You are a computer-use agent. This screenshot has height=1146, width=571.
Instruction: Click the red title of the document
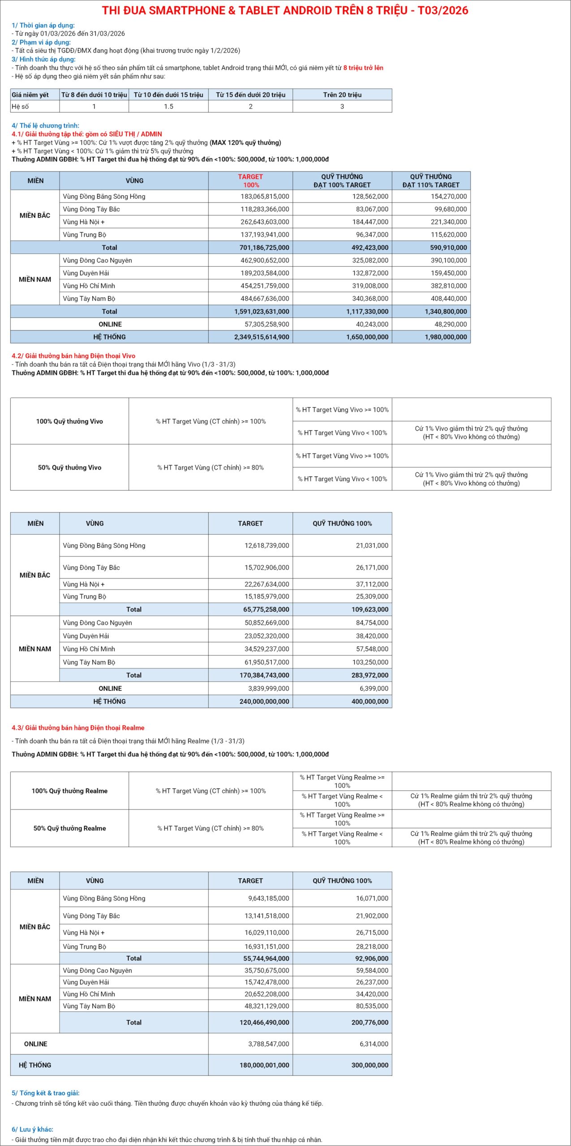coord(285,11)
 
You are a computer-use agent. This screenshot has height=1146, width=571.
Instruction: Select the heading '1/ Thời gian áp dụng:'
coord(43,26)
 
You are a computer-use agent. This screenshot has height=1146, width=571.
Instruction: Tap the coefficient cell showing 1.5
coord(168,107)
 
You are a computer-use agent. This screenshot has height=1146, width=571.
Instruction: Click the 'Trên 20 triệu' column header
coord(342,94)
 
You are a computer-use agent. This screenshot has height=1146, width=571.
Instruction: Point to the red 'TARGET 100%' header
coord(250,181)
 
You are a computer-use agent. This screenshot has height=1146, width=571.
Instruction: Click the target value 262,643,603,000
coord(265,222)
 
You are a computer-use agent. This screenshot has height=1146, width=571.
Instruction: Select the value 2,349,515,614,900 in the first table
coord(262,337)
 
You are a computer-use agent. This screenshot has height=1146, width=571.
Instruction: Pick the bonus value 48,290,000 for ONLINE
coord(448,324)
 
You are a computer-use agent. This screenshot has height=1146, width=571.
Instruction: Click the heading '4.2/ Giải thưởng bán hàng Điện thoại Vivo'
coord(73,356)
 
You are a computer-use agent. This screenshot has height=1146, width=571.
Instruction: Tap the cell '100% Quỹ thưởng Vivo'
coord(69,421)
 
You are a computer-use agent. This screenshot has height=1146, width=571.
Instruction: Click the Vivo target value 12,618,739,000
coord(266,546)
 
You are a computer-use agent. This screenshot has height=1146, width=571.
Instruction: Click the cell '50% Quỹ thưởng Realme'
coord(69,828)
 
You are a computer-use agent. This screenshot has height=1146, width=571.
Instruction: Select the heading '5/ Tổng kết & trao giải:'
coord(46,1093)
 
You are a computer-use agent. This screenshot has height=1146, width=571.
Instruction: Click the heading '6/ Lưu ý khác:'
coord(32,1129)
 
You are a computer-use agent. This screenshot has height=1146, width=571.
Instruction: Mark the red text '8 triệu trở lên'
coord(363,68)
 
